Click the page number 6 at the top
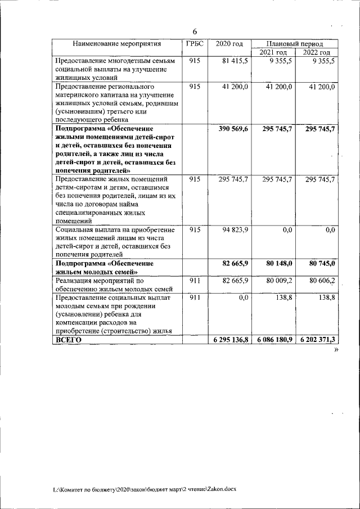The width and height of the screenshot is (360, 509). (x=195, y=31)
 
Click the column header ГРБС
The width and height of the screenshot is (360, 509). (x=194, y=43)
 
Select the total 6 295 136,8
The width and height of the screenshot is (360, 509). (x=228, y=340)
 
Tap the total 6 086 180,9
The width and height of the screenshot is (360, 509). (x=272, y=340)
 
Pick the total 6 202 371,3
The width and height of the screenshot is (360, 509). (x=317, y=340)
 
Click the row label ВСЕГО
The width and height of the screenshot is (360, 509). (x=68, y=340)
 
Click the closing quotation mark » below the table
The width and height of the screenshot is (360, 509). (x=337, y=350)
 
